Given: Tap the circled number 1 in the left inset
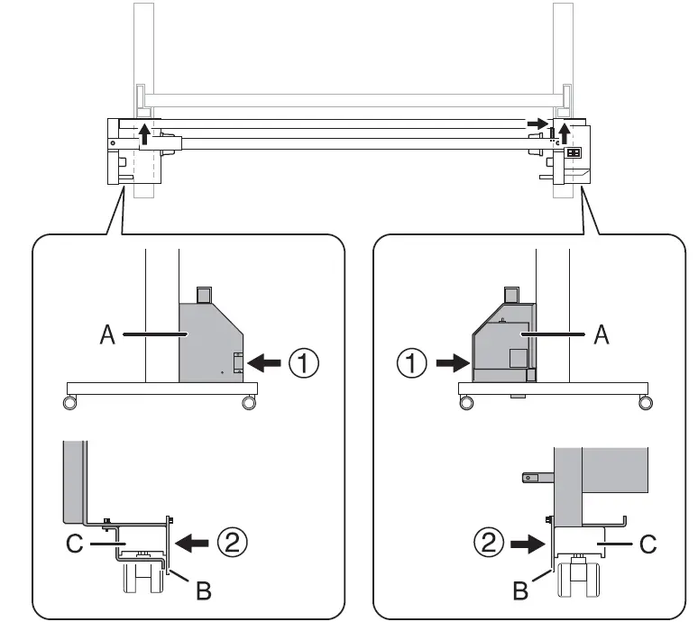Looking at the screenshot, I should [x=304, y=364].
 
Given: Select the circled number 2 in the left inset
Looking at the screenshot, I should [x=233, y=543].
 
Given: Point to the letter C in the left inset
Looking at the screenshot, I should [x=77, y=544].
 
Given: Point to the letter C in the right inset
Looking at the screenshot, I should [x=646, y=544].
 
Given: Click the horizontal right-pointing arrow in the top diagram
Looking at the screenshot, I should [x=537, y=123].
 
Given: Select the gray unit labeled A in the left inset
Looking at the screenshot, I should [x=207, y=343].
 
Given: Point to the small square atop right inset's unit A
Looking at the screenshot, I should [x=511, y=295].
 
